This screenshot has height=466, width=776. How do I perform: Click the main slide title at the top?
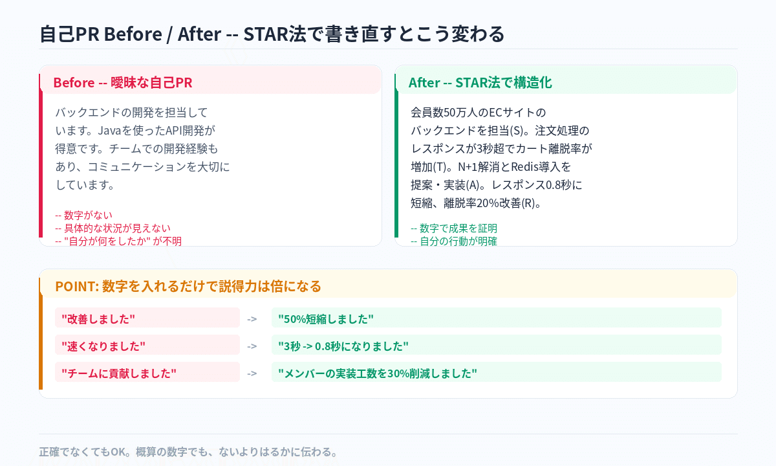(x=272, y=34)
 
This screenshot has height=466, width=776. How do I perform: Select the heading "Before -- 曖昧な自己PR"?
(x=122, y=83)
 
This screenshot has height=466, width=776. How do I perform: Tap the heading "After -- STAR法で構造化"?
(x=480, y=83)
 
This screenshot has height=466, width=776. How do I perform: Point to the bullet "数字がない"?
(x=88, y=215)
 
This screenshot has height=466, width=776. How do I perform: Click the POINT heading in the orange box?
(x=188, y=286)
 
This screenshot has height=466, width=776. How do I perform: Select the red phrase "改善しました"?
(x=98, y=318)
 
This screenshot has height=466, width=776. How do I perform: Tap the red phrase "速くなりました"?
(x=103, y=346)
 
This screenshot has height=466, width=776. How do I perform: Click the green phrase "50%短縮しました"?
(x=326, y=318)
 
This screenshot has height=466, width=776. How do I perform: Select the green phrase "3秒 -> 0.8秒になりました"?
(x=343, y=346)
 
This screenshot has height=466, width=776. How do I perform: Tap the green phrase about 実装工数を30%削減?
(x=378, y=373)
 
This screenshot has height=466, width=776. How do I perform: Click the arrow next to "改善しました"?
(x=252, y=318)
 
